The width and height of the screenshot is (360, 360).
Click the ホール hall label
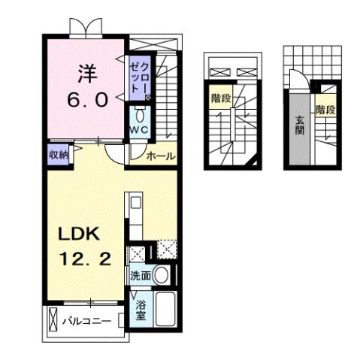tap(160, 156)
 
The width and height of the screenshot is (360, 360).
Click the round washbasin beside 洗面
tap(162, 275)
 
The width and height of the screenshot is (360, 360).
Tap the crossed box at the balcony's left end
tap(51, 320)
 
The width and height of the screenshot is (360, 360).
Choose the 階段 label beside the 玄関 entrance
tap(325, 109)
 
